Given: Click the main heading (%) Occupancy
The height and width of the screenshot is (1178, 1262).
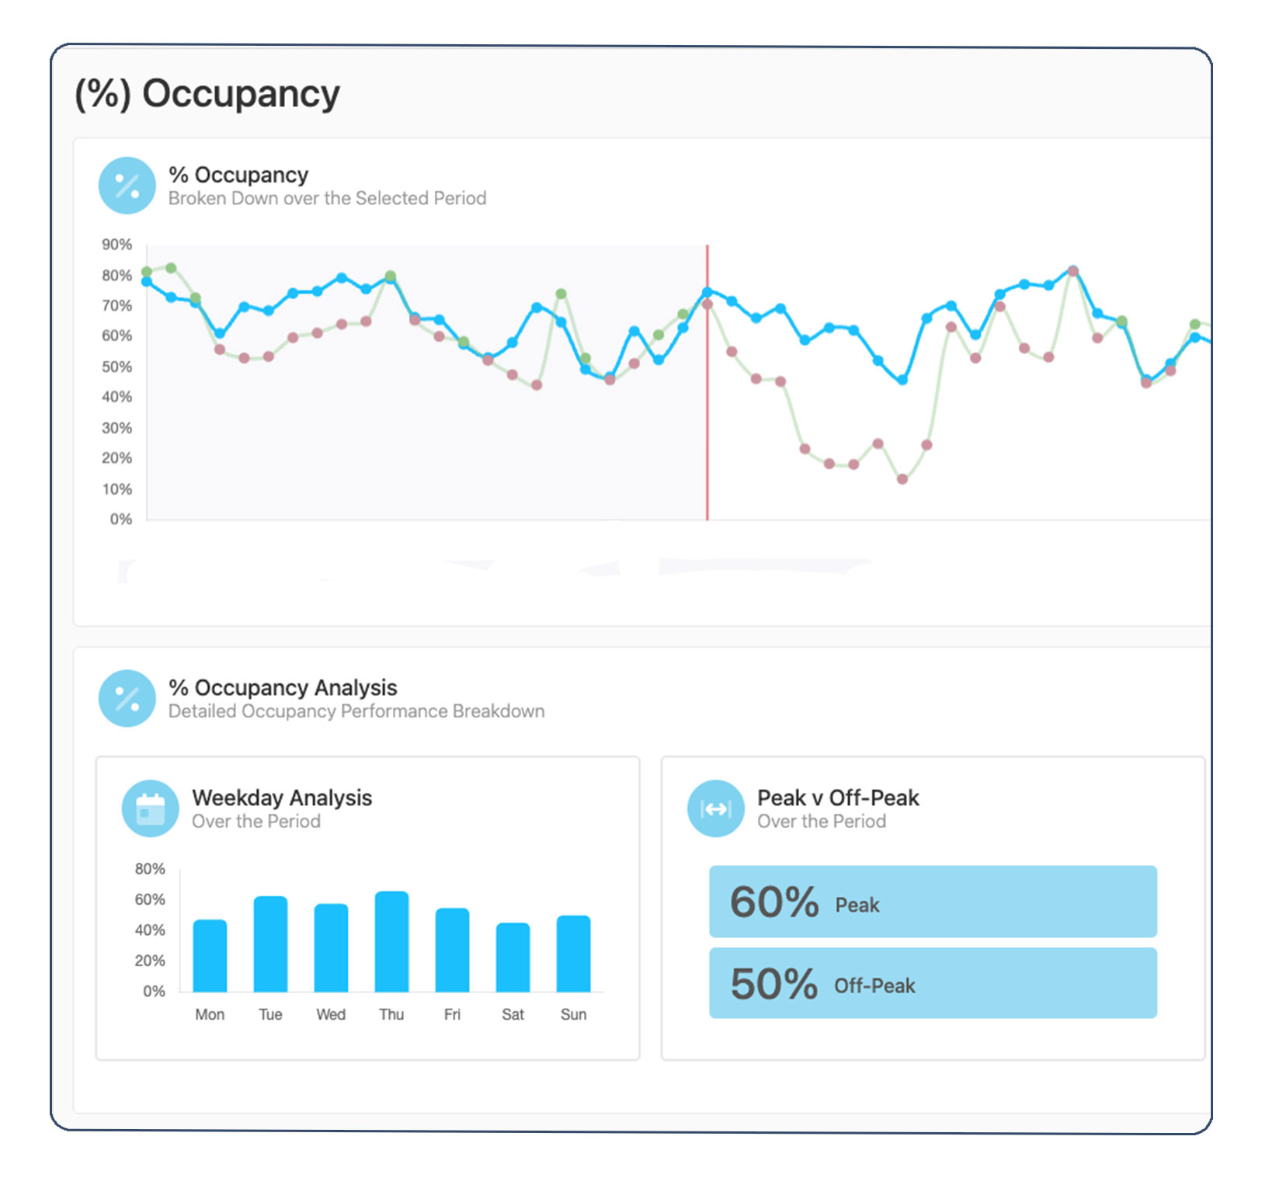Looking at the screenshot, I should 207,94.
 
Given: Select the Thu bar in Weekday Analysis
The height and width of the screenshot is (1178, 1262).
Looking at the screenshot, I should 391,942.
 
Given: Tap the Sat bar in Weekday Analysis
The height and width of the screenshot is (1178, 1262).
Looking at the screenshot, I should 513,957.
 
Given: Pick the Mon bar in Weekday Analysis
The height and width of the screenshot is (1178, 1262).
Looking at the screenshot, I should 210,956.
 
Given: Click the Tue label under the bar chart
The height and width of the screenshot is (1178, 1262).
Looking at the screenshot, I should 270,1014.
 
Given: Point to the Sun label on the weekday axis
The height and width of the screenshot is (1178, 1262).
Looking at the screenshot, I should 573,1014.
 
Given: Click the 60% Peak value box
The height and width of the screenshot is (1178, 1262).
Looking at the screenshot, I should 933,902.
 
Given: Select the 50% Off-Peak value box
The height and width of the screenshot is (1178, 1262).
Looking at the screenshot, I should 933,983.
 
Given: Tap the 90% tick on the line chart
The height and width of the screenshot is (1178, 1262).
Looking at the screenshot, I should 117,245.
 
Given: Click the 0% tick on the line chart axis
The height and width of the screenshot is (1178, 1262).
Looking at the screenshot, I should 121,519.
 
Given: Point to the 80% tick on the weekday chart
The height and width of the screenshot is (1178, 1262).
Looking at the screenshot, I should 150,869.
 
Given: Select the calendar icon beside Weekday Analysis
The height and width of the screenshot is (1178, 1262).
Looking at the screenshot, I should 151,808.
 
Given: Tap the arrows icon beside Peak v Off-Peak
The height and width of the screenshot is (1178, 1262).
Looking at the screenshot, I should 715,808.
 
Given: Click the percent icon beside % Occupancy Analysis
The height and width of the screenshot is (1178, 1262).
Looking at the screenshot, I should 127,698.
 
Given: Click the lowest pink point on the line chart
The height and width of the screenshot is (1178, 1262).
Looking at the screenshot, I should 902,479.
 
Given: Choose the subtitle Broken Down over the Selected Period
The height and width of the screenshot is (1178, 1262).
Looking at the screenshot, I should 327,199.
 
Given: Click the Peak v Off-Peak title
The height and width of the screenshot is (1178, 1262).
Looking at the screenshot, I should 838,797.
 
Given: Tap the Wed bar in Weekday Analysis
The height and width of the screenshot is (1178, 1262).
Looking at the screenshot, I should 331,948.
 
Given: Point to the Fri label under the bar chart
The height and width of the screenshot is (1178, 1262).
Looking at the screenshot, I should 452,1014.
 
